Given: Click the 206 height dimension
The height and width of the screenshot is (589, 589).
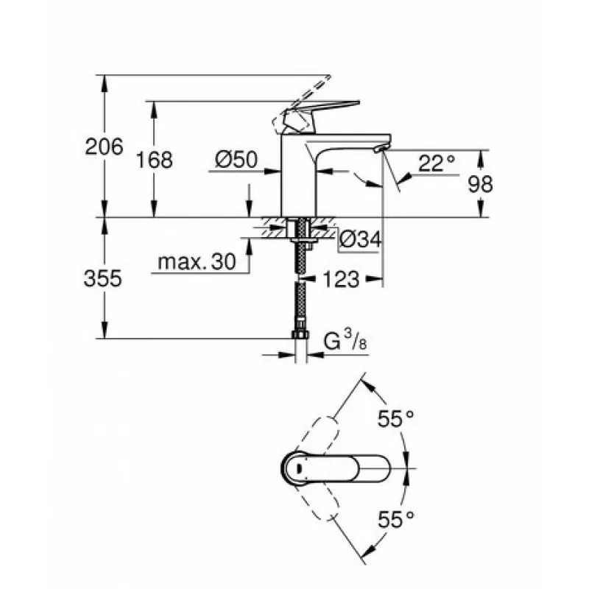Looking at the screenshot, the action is (x=104, y=147).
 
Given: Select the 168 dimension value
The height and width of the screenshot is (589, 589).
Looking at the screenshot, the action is (x=154, y=160).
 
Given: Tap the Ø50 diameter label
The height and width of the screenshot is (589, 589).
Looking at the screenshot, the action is (x=236, y=159).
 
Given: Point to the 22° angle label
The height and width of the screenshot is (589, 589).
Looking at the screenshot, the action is (x=437, y=163).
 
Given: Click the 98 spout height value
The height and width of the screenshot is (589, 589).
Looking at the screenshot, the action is (x=481, y=185).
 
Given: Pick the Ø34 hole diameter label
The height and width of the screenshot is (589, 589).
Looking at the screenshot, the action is (x=360, y=239).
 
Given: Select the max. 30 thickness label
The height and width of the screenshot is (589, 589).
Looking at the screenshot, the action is (x=197, y=261).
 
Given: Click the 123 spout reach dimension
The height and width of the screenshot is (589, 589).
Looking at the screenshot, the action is (x=341, y=280).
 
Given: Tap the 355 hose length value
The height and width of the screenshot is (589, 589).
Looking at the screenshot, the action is (x=103, y=279).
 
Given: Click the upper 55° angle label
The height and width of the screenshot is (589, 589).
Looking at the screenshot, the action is (x=395, y=419).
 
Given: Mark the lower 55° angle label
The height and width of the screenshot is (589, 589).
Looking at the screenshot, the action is (x=395, y=520).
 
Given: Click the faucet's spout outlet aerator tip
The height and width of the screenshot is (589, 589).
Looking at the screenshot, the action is (x=380, y=149).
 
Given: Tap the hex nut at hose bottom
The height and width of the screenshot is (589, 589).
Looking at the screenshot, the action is (x=300, y=334).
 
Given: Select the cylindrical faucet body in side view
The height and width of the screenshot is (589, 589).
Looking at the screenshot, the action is (x=299, y=176).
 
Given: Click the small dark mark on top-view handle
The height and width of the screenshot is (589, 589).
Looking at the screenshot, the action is (x=300, y=468).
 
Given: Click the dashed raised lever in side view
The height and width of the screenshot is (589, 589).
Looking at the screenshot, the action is (x=300, y=105).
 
